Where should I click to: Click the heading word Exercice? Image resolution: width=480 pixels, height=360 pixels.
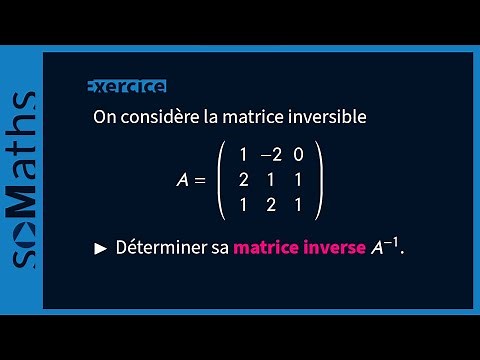[x=126, y=87]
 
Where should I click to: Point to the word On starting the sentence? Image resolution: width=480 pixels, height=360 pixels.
[x=104, y=117]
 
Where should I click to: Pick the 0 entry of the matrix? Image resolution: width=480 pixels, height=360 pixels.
[x=298, y=155]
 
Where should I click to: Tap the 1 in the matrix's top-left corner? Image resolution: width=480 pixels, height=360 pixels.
[x=243, y=155]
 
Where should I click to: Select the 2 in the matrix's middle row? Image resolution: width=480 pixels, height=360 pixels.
[x=243, y=181]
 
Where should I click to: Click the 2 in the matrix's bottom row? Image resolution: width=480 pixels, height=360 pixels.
[x=271, y=206]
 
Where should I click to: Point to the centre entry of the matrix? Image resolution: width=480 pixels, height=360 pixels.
[x=271, y=181]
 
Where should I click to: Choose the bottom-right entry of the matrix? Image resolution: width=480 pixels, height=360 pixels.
[x=298, y=206]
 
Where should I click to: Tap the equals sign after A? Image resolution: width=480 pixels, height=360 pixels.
[x=200, y=181]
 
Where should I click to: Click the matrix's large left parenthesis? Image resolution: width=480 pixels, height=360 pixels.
[x=223, y=181]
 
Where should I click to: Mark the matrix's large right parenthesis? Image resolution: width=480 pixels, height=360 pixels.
[x=318, y=181]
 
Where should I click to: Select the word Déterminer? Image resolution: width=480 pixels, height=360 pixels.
[x=160, y=247]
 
